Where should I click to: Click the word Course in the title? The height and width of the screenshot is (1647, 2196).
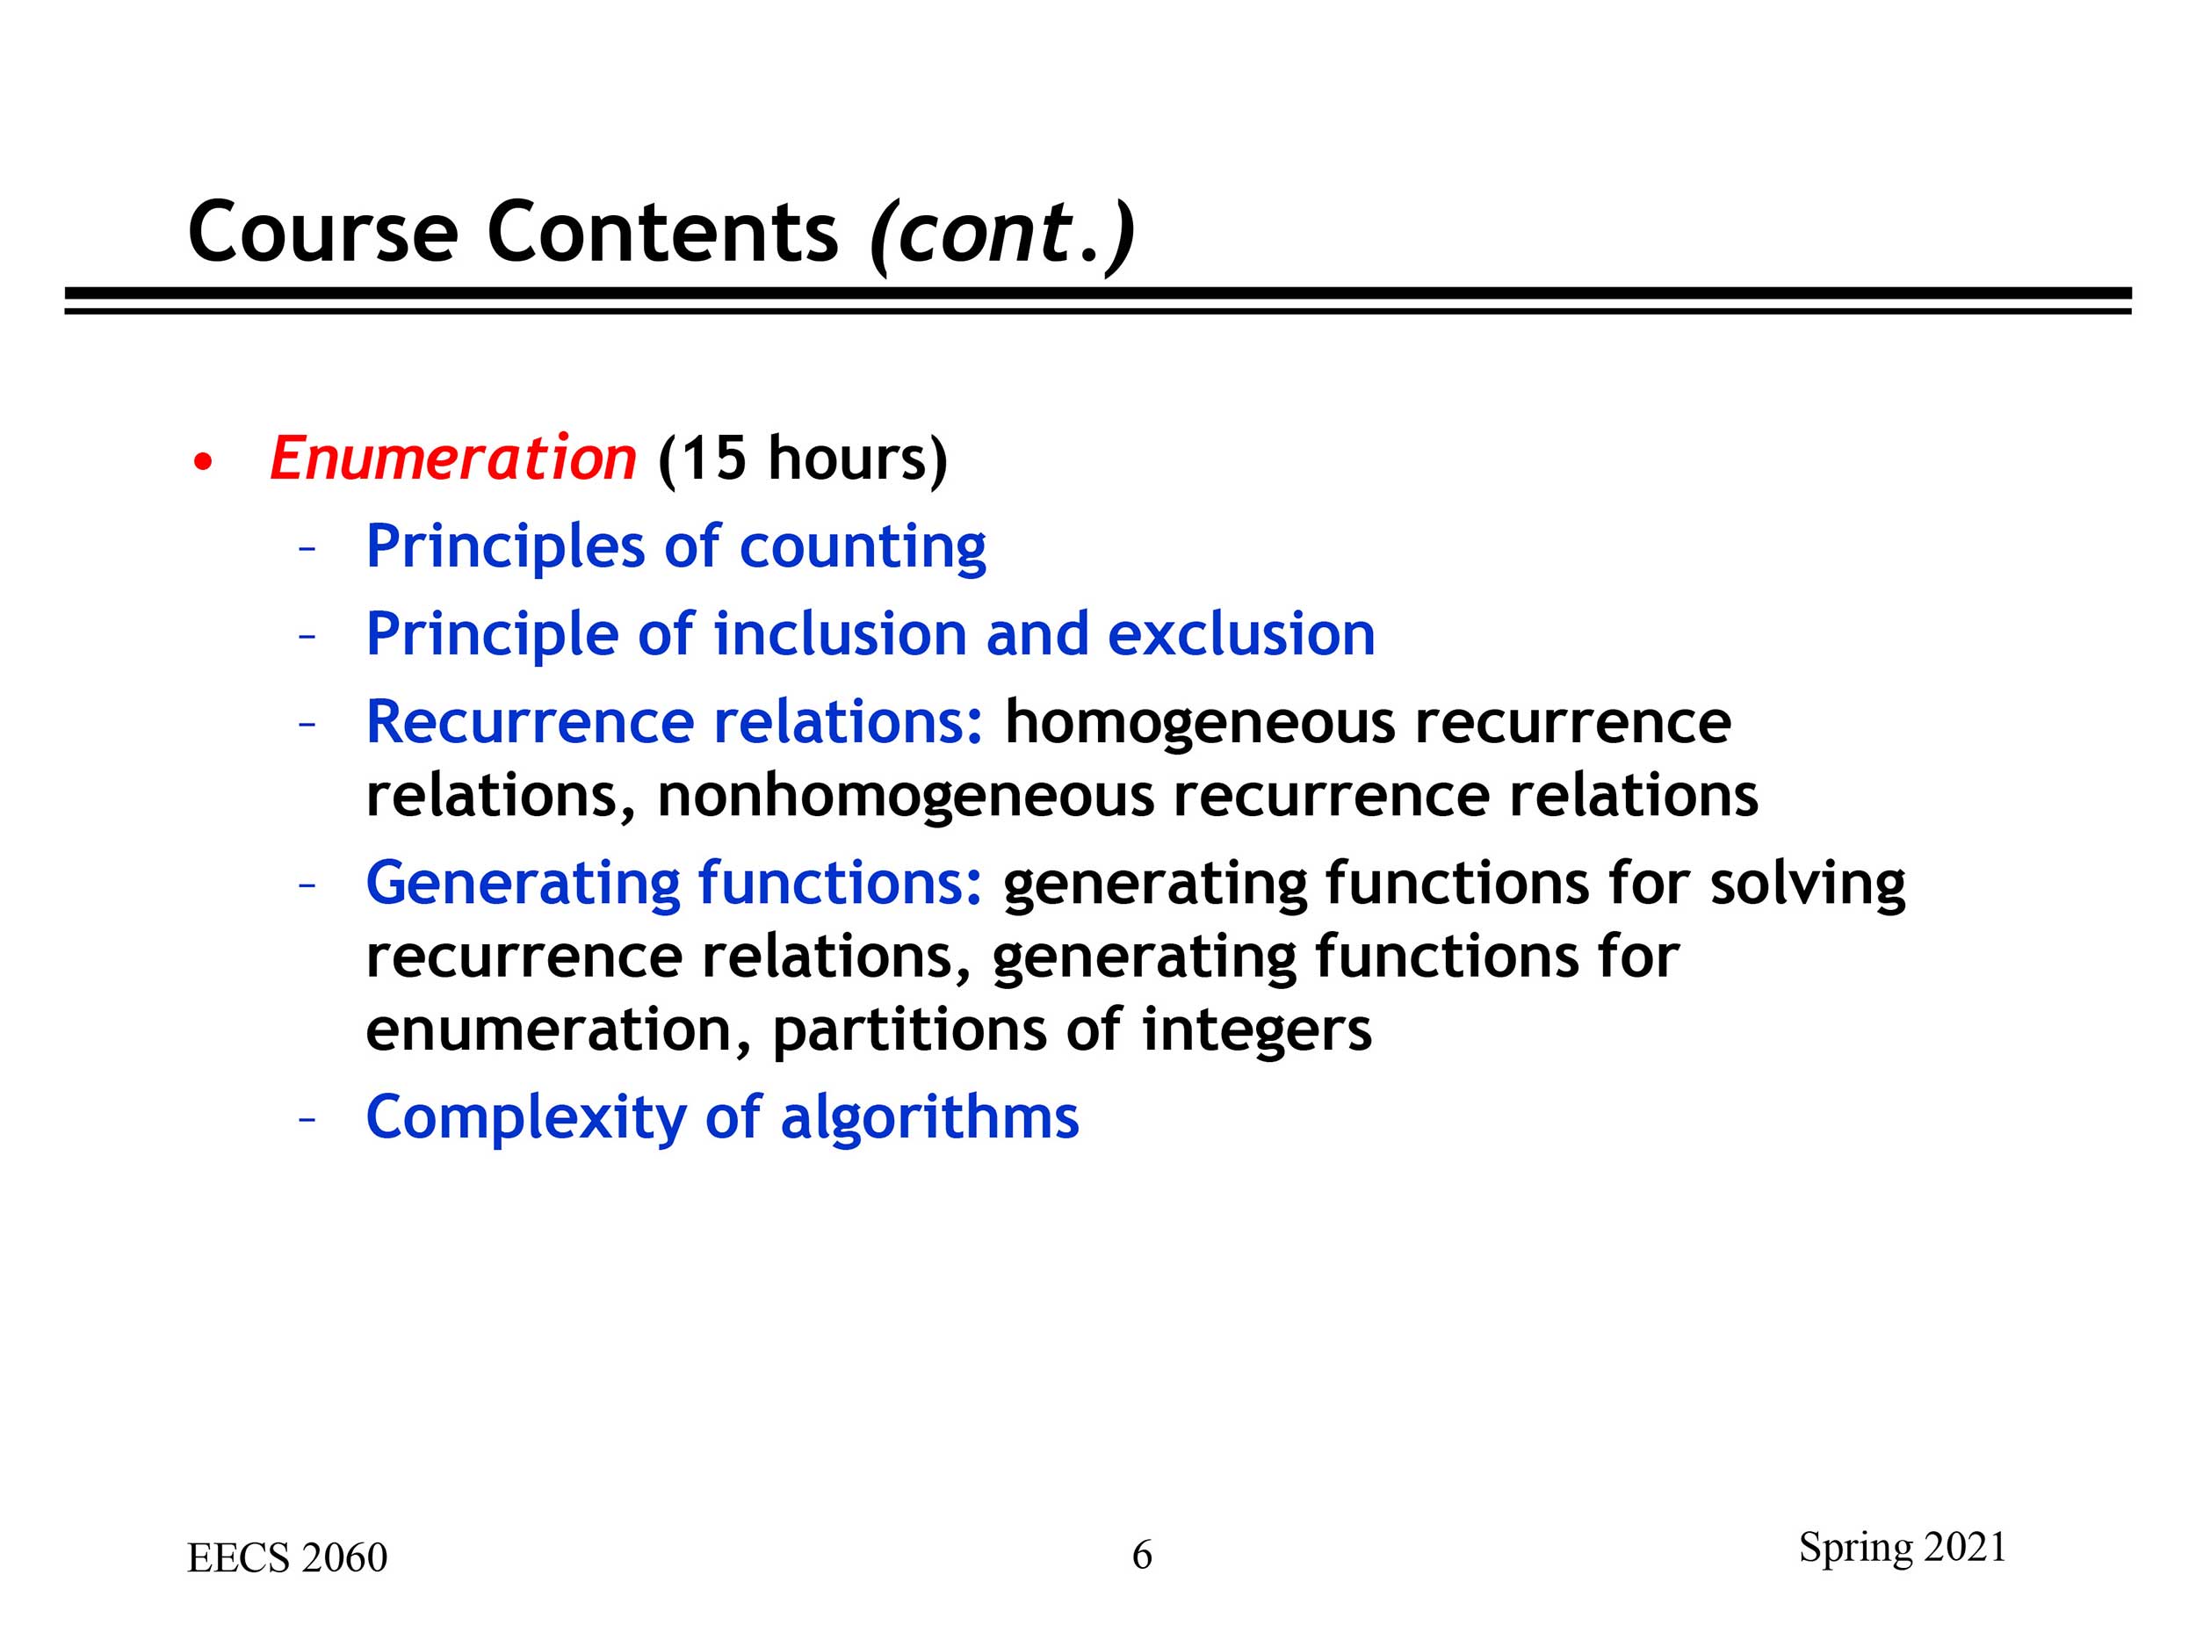point(322,232)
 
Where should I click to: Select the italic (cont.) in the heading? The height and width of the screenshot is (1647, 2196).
point(1001,235)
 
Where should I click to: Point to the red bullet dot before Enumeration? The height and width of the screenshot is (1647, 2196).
point(204,463)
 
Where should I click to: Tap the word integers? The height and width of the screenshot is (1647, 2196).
point(1257,1032)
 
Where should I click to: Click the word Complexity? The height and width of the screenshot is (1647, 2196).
point(526,1119)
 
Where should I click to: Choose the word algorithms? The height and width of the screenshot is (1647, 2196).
point(929,1119)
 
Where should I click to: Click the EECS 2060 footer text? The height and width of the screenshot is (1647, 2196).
point(287,1557)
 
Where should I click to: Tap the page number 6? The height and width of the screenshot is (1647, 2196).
point(1143,1555)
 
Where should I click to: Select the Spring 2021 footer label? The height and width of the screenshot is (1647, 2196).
point(1903,1549)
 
